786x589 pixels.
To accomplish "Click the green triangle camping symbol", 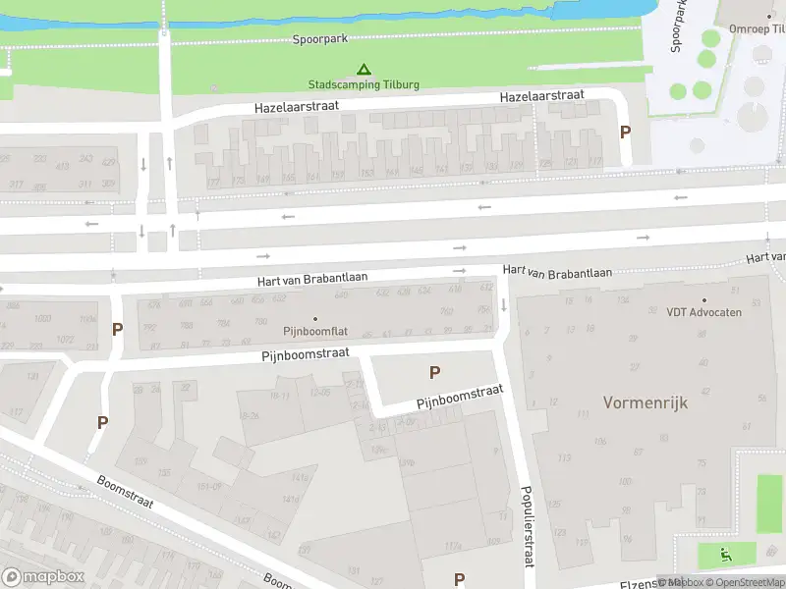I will point(364,70).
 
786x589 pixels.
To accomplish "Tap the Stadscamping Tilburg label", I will point(364,84).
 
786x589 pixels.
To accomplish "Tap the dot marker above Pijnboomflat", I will point(315,318).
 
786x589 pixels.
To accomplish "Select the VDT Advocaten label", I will point(703,312).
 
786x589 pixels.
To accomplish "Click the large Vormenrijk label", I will point(645,402).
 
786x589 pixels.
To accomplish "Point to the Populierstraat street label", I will point(528,525).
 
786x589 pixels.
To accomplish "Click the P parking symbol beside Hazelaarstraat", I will point(624,132).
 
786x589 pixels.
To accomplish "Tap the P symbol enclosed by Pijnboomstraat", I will point(434,372).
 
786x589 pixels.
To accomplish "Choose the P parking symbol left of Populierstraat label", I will point(458,578).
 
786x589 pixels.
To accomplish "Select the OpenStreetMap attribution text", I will point(744,582).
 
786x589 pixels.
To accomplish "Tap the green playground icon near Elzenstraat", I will point(726,555).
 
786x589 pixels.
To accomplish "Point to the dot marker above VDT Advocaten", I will point(703,299).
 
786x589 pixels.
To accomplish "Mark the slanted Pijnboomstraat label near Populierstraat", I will point(460,397).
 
